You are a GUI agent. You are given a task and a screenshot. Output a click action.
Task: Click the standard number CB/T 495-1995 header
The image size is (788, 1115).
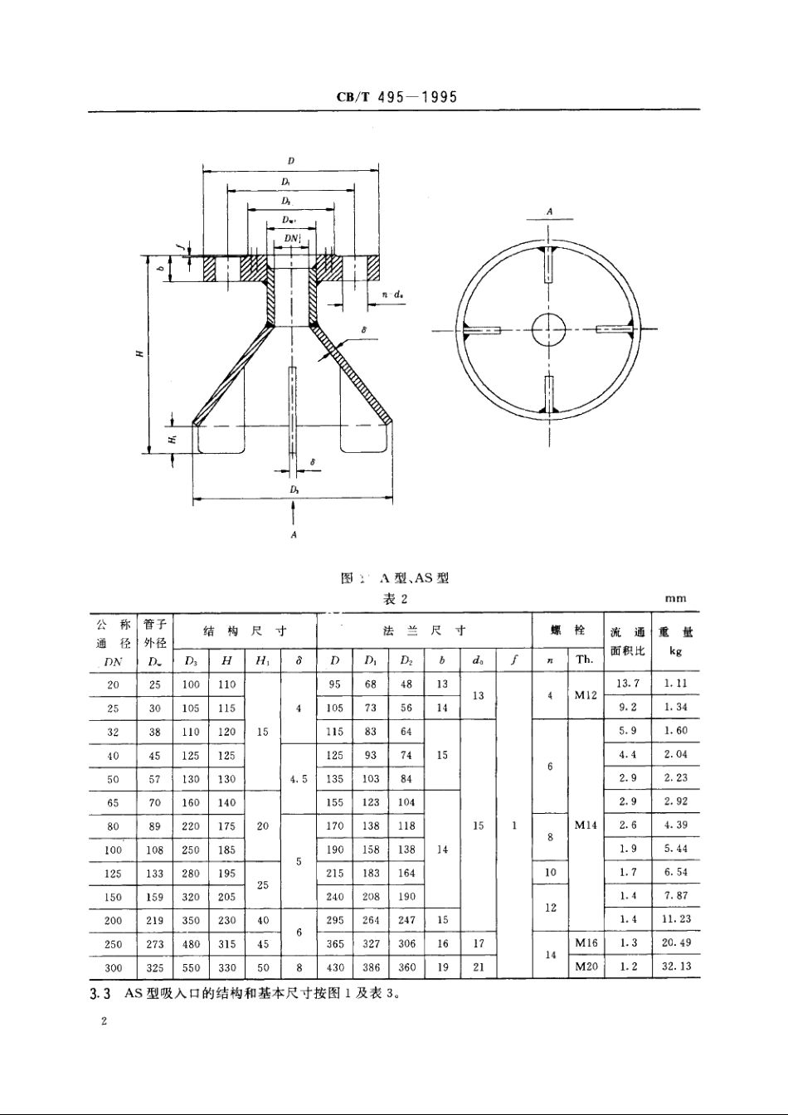(x=396, y=97)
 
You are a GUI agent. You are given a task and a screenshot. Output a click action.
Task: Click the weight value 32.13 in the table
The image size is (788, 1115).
(x=676, y=966)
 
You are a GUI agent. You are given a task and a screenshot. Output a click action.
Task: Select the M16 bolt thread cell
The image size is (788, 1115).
(x=585, y=943)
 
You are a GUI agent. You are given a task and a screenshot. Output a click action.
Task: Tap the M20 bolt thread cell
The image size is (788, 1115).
(x=585, y=966)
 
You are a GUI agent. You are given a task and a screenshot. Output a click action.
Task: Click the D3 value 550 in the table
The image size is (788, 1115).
(x=192, y=967)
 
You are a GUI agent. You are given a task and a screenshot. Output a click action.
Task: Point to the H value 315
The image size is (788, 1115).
(x=226, y=944)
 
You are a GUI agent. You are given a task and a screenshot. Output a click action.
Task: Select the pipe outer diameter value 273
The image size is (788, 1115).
(x=153, y=944)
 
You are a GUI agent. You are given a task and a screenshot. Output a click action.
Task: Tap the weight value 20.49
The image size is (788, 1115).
(x=676, y=943)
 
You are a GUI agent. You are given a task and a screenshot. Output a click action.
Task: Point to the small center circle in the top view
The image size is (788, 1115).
(x=547, y=329)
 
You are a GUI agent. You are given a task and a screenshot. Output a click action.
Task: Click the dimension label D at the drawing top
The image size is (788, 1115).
(x=291, y=160)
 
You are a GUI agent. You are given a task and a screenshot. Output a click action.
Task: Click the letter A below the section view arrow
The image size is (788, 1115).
(x=294, y=535)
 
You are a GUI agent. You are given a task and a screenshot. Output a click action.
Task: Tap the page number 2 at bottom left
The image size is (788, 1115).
(x=104, y=1022)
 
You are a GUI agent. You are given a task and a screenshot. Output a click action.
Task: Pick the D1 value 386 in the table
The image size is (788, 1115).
(x=371, y=967)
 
